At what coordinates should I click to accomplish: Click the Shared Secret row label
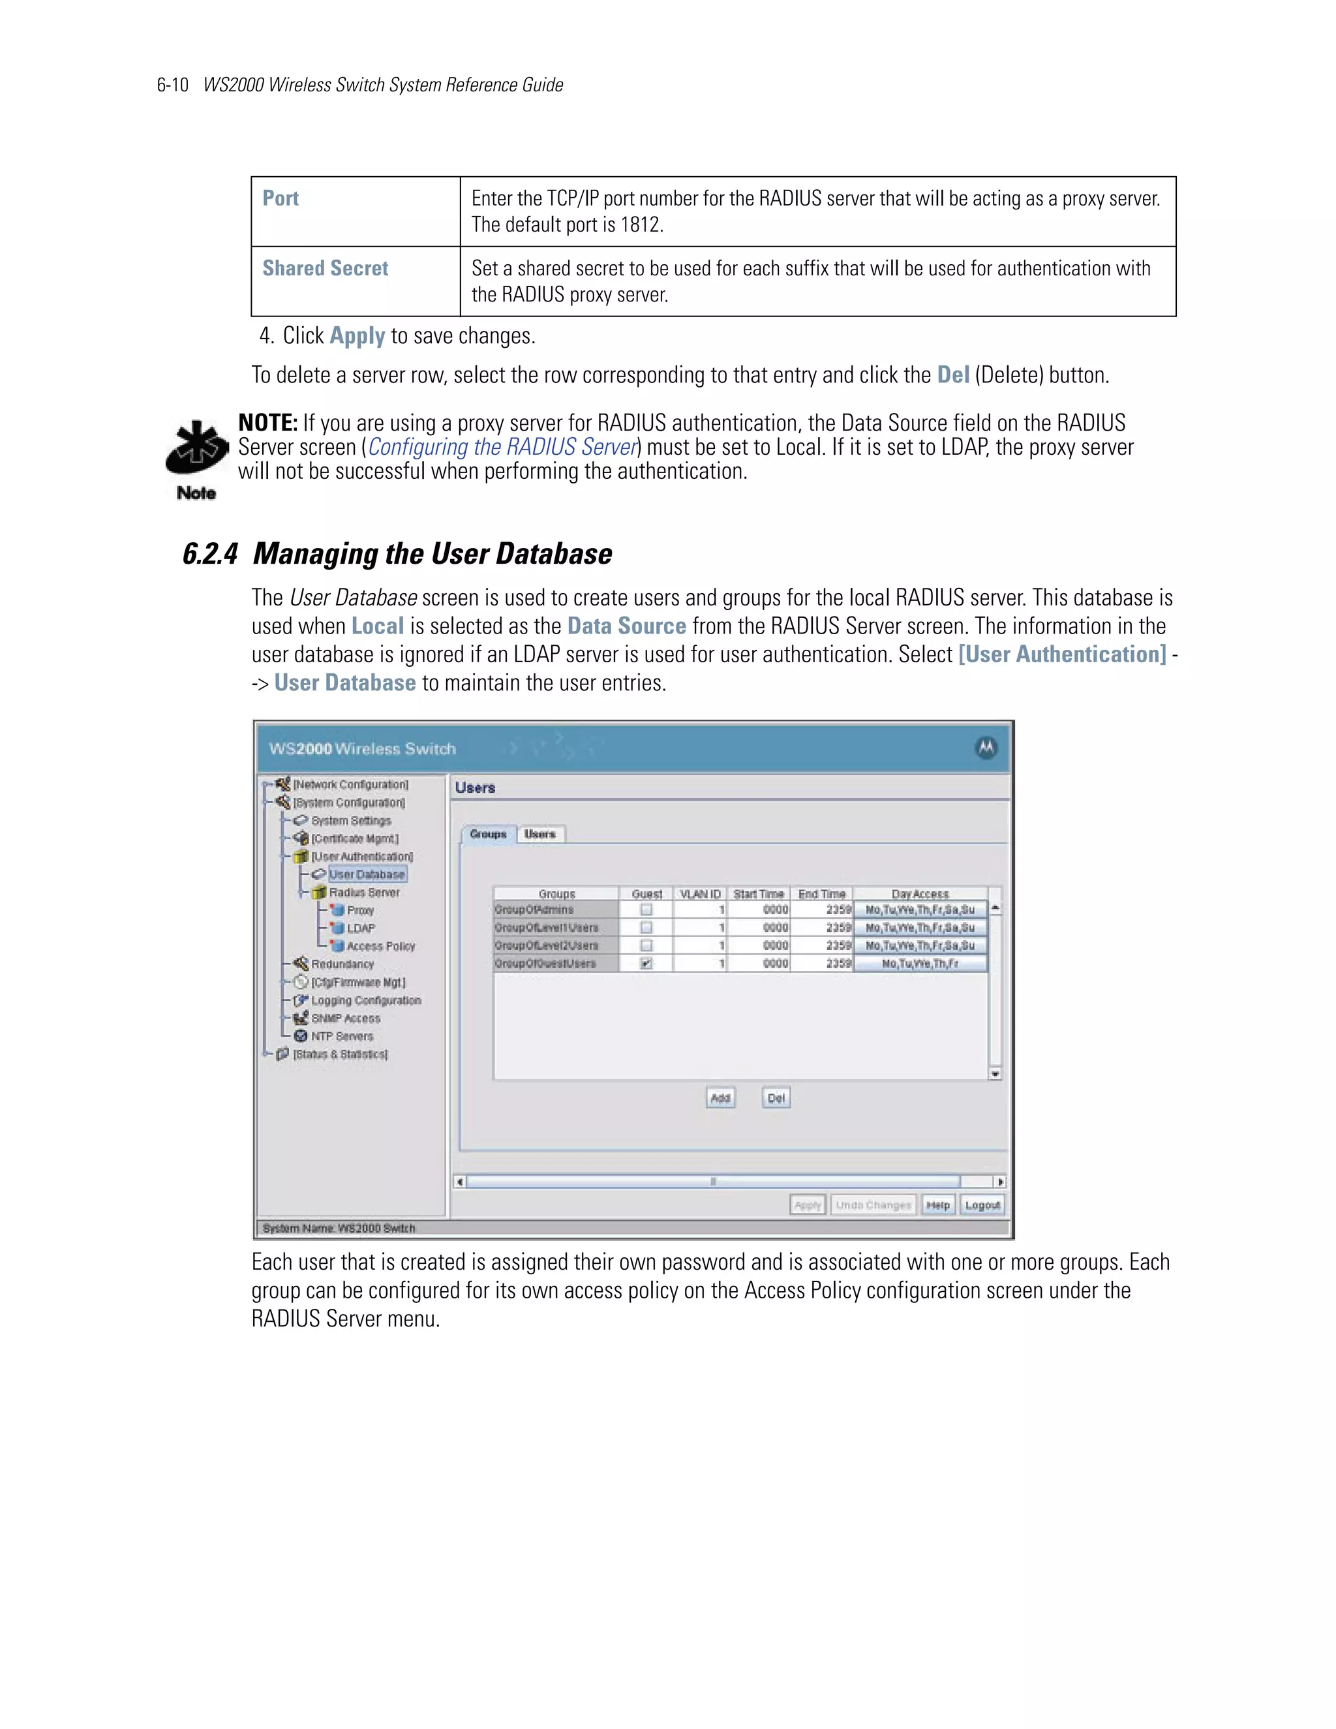(326, 268)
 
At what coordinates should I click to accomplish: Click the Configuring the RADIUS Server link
(502, 448)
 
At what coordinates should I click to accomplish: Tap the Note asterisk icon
(196, 449)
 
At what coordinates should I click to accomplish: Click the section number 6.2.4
(210, 554)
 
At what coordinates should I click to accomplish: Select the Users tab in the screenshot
(541, 834)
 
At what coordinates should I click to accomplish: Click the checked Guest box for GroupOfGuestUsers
(646, 964)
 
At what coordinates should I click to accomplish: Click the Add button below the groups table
(720, 1098)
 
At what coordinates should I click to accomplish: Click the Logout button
(982, 1205)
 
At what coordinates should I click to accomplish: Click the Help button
(938, 1205)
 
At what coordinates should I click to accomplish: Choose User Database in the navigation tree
(367, 875)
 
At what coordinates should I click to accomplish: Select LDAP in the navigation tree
(361, 928)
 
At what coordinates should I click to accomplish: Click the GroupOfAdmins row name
(534, 910)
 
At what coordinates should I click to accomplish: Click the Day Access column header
(920, 894)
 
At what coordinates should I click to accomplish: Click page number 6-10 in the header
(172, 85)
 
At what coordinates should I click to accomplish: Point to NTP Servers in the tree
(342, 1036)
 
